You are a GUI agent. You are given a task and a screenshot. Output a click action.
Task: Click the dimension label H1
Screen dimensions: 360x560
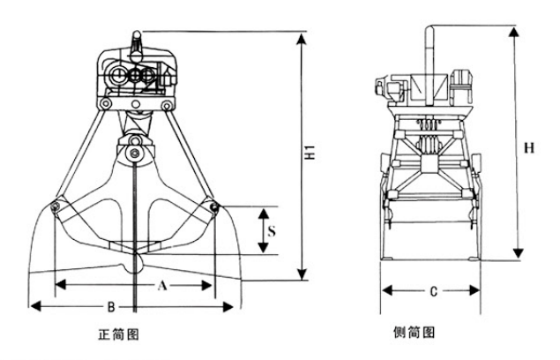tap(310, 151)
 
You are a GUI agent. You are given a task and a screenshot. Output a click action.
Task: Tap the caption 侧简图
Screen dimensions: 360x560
tap(415, 334)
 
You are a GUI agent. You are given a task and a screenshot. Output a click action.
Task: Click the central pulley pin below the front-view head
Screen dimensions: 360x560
tap(134, 154)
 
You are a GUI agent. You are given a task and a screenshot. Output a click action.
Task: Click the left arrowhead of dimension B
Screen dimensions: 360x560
tap(34, 307)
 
